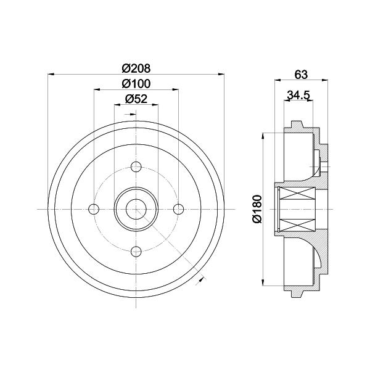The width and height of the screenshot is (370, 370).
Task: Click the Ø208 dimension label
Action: [136, 68]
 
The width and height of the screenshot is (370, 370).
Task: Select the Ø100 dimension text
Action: [136, 84]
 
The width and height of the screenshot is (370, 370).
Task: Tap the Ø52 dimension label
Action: [136, 99]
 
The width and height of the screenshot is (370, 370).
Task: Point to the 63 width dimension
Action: [301, 75]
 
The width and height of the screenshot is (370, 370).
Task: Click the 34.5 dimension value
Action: [298, 95]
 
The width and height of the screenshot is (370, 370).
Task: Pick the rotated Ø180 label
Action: [257, 209]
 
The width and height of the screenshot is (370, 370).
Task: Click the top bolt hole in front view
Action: [136, 167]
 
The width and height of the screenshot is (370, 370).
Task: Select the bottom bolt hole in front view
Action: [136, 252]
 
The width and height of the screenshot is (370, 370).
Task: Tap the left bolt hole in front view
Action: [94, 209]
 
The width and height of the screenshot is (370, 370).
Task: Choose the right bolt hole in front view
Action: [178, 209]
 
